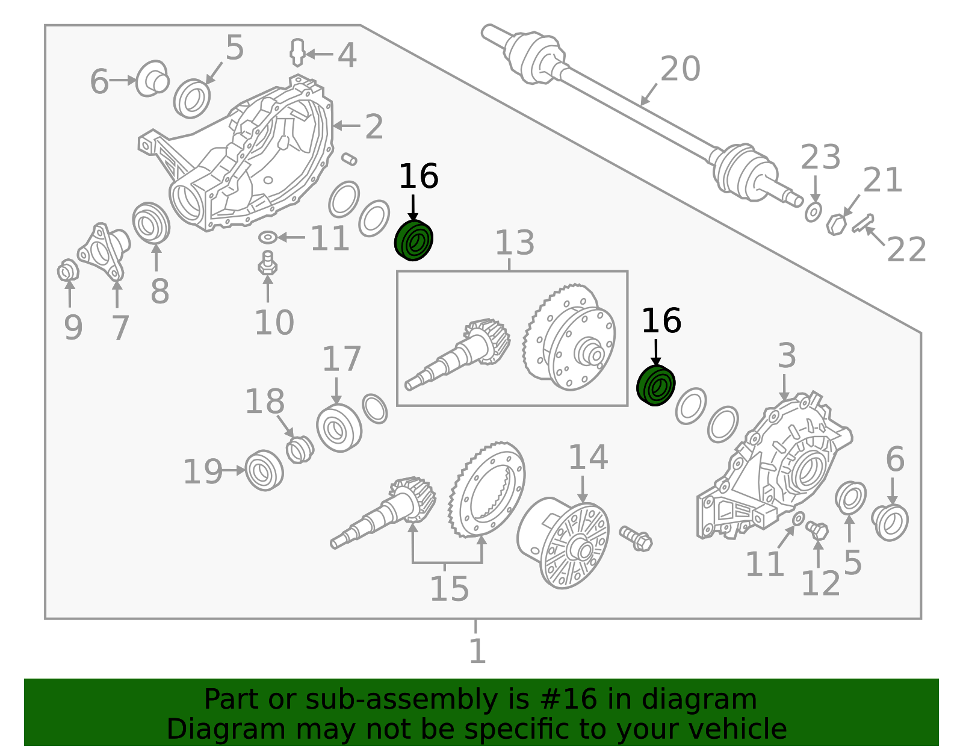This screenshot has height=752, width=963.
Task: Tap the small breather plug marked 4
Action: point(297,53)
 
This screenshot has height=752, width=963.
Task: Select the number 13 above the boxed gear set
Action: point(515,243)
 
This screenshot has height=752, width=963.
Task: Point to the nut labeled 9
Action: point(68,270)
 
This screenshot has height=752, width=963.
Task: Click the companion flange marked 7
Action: point(104,251)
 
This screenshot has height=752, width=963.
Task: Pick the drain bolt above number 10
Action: point(268,263)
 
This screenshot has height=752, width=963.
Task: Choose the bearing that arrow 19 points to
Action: point(264,470)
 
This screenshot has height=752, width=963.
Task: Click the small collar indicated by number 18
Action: point(300,449)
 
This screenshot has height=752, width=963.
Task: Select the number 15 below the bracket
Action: point(450,589)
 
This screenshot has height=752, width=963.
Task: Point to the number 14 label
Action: point(587,457)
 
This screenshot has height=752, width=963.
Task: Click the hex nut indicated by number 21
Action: point(836,225)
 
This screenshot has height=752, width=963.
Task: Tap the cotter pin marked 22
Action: point(862,223)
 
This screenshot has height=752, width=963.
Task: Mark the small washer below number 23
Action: point(813,213)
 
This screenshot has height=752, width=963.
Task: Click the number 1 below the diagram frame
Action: point(477,650)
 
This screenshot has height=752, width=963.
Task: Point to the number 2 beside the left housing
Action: point(374,126)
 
